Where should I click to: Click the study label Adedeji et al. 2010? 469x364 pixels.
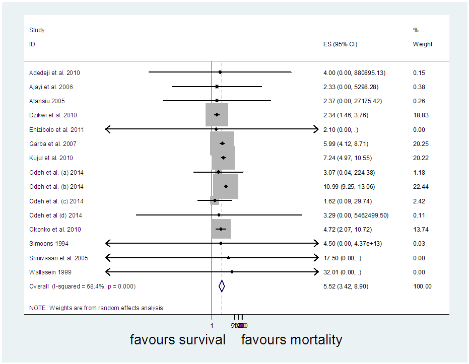click(x=54, y=73)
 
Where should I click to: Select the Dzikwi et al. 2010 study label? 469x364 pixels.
click(x=53, y=115)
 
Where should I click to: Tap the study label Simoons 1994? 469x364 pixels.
click(x=46, y=244)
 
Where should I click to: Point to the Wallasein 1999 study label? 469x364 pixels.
click(x=50, y=272)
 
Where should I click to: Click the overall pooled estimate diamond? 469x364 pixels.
click(x=222, y=286)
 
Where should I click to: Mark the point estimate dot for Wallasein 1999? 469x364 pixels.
click(x=232, y=272)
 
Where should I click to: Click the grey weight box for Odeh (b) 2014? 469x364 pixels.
click(x=226, y=186)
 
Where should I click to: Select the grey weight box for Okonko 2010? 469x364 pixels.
click(x=221, y=229)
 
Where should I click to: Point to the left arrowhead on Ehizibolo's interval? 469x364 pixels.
click(x=108, y=129)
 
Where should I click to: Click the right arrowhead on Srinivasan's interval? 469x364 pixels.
click(x=316, y=258)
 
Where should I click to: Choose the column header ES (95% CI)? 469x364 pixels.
click(x=340, y=44)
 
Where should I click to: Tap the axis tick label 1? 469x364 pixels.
click(x=212, y=325)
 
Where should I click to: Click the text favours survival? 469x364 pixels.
click(x=177, y=340)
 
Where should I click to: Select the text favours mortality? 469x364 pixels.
click(x=291, y=340)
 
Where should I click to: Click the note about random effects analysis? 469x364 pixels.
click(x=96, y=308)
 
